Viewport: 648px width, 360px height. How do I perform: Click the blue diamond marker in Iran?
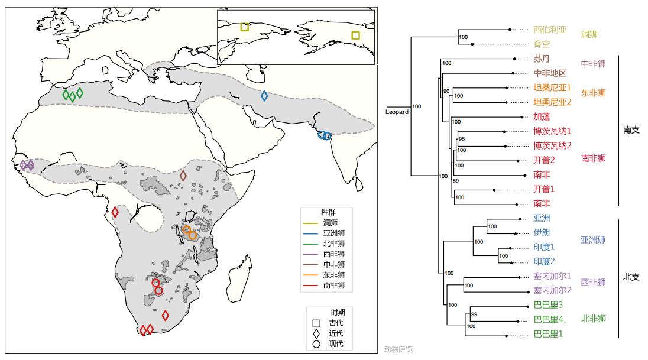[264, 96]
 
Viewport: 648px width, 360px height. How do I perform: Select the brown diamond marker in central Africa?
[183, 176]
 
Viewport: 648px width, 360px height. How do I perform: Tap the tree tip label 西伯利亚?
[550, 30]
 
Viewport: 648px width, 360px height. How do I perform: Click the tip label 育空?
[542, 44]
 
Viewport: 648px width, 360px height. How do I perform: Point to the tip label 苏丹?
[542, 59]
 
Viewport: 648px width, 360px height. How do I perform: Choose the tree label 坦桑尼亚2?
[552, 102]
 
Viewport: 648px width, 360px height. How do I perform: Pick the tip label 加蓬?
[542, 116]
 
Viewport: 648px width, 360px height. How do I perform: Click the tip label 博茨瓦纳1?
[552, 131]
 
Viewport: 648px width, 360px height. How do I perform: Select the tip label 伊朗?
[542, 232]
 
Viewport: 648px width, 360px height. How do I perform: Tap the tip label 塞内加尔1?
[552, 275]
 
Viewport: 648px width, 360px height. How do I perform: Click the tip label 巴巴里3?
[548, 305]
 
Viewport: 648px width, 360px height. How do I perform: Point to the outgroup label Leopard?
[397, 112]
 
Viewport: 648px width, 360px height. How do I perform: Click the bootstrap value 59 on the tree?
[455, 181]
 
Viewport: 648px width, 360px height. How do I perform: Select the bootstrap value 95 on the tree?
[462, 140]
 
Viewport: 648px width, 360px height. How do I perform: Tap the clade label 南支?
[631, 130]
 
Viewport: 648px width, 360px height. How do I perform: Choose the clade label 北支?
[631, 277]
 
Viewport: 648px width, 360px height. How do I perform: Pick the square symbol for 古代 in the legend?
[316, 323]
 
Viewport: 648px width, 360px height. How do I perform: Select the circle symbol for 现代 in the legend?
[316, 344]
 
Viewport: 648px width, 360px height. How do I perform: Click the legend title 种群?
[329, 212]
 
